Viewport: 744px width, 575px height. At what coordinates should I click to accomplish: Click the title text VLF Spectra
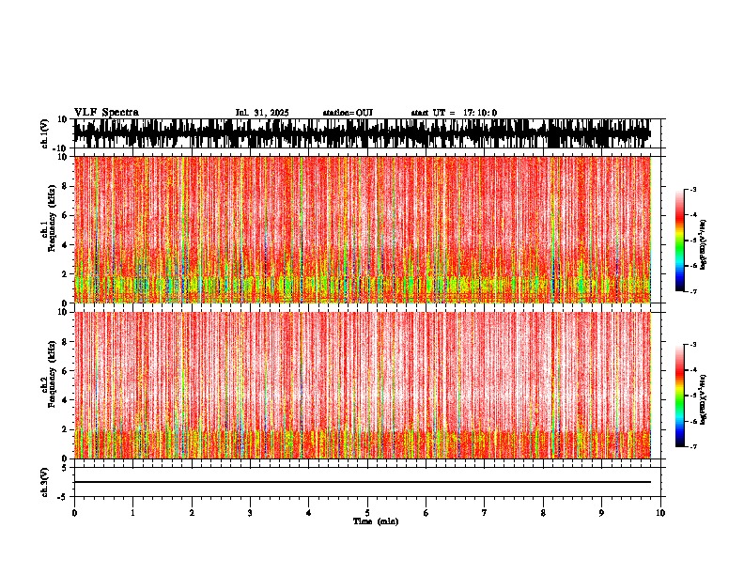[106, 113]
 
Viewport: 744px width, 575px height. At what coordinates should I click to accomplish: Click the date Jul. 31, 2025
[262, 113]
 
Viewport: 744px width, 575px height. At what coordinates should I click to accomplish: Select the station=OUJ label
[348, 113]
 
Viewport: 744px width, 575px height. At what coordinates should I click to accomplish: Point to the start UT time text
[454, 113]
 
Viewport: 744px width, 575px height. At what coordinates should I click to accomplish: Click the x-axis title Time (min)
[375, 521]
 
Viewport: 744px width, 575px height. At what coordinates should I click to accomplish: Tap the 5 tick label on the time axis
[367, 513]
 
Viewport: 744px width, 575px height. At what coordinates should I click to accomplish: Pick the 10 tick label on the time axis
[660, 513]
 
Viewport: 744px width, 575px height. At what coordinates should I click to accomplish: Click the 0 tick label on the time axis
[74, 513]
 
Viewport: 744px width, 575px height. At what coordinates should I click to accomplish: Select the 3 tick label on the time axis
[250, 513]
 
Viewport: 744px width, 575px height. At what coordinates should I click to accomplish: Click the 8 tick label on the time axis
[543, 513]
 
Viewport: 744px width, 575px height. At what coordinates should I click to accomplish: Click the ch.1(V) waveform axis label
[45, 133]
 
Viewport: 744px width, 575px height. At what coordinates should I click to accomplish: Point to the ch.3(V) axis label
[45, 481]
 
